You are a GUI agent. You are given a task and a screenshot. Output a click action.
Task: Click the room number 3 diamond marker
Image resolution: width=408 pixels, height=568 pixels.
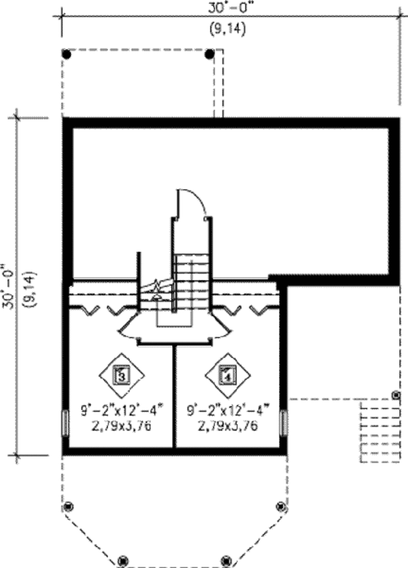point(122,375)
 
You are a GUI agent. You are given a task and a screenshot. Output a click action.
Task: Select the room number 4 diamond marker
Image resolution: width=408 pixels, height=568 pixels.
point(228,375)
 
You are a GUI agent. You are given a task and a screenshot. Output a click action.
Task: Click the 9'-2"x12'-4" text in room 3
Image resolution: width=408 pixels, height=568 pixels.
point(122,411)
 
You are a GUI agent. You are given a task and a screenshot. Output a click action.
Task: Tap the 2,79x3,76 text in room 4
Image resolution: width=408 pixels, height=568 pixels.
point(228,426)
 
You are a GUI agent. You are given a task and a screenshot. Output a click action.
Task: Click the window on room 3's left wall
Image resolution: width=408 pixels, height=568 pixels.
point(65,424)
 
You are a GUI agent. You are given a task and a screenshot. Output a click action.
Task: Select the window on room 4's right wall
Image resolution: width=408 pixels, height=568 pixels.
point(284,422)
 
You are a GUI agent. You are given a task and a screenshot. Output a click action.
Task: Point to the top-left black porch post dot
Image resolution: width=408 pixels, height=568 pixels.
point(67,54)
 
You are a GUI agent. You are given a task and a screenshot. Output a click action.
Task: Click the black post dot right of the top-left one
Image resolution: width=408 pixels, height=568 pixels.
point(209,54)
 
